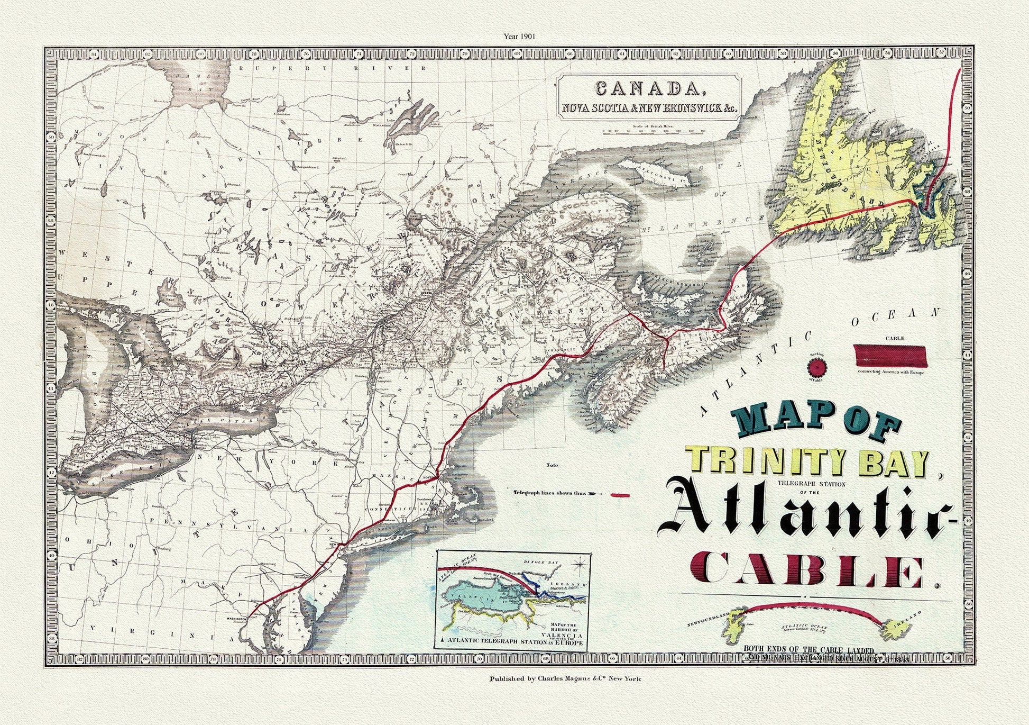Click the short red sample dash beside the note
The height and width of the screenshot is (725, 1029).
point(620,495)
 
